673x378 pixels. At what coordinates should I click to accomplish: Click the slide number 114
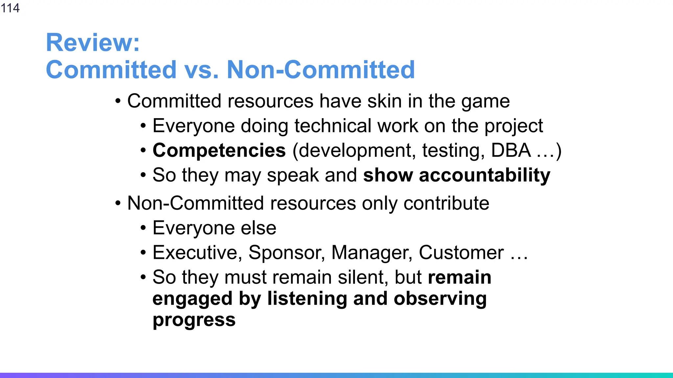pyautogui.click(x=10, y=8)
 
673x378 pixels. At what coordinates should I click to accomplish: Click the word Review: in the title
pyautogui.click(x=93, y=43)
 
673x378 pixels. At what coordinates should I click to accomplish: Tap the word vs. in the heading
pyautogui.click(x=201, y=70)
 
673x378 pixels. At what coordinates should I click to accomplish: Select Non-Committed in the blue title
pyautogui.click(x=321, y=70)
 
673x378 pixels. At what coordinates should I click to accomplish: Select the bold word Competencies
pyautogui.click(x=219, y=151)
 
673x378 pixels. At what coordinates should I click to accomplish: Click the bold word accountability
pyautogui.click(x=484, y=175)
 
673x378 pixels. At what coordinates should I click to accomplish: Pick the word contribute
pyautogui.click(x=446, y=203)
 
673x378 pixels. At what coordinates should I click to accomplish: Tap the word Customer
pyautogui.click(x=461, y=253)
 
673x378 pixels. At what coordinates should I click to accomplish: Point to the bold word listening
pyautogui.click(x=307, y=299)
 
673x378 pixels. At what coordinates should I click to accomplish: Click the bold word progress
pyautogui.click(x=194, y=321)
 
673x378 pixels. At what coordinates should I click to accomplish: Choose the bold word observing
pyautogui.click(x=440, y=299)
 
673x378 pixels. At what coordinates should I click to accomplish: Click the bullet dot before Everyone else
pyautogui.click(x=143, y=228)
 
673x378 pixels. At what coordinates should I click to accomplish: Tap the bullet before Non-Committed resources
pyautogui.click(x=118, y=203)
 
